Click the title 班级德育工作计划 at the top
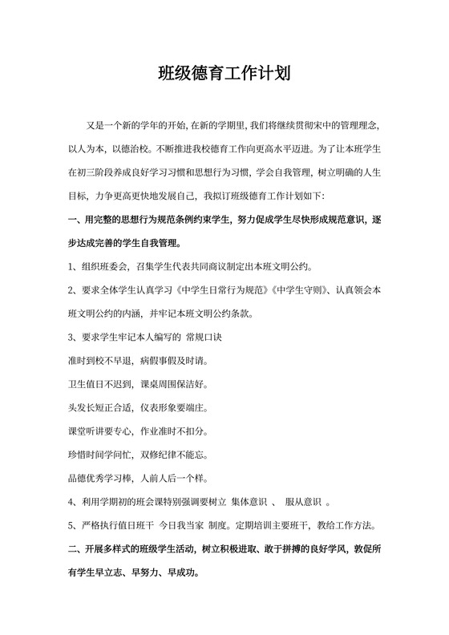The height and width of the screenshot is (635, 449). tap(224, 75)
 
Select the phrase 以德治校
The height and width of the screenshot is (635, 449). tap(129, 149)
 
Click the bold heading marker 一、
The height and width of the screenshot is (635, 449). tap(77, 220)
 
